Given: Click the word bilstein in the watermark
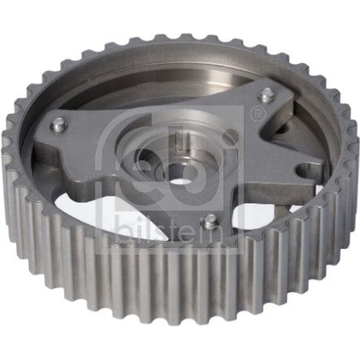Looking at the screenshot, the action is coord(169,230).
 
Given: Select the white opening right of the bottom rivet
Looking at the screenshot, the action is coord(257,213).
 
